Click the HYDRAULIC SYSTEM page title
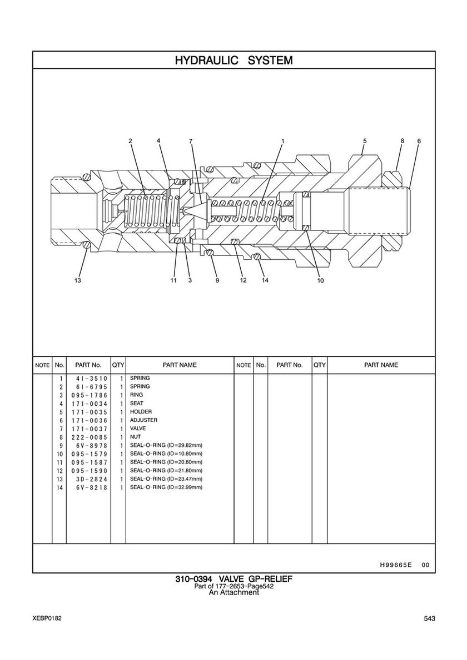(233, 61)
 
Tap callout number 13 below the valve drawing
(77, 280)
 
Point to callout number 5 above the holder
(365, 141)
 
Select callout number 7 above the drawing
(191, 141)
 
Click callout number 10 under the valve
(320, 280)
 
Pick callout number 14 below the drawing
(265, 280)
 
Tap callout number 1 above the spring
(283, 141)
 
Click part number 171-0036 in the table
(90, 421)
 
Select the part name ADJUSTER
(144, 420)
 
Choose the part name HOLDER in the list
(141, 412)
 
